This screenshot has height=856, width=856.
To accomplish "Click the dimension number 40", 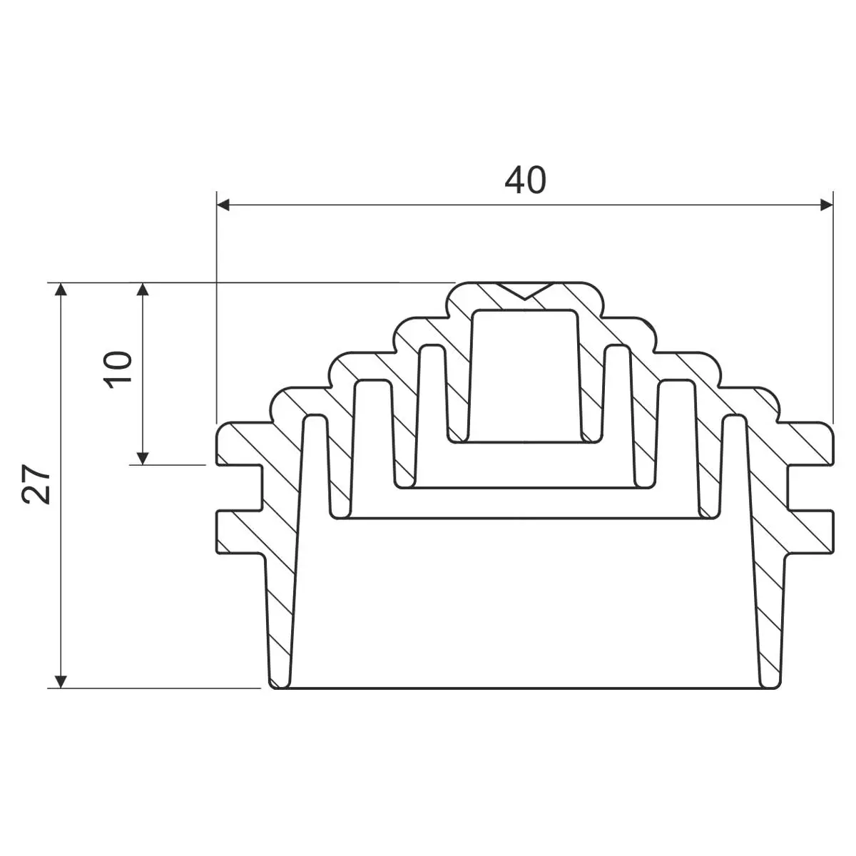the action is (x=525, y=180).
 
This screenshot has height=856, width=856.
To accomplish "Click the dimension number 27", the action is (x=36, y=484).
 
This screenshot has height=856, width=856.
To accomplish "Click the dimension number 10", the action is (x=118, y=370).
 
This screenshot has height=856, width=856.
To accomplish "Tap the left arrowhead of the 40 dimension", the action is (x=223, y=205).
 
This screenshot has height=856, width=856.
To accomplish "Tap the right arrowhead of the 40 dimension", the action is (x=827, y=205).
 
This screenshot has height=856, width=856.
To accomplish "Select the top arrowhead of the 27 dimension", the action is (x=61, y=289).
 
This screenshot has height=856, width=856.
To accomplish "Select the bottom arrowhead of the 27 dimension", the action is (x=61, y=681).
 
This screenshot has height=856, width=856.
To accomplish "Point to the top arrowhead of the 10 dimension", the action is (x=143, y=289).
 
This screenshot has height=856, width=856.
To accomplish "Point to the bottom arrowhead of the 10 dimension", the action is (x=143, y=458).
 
